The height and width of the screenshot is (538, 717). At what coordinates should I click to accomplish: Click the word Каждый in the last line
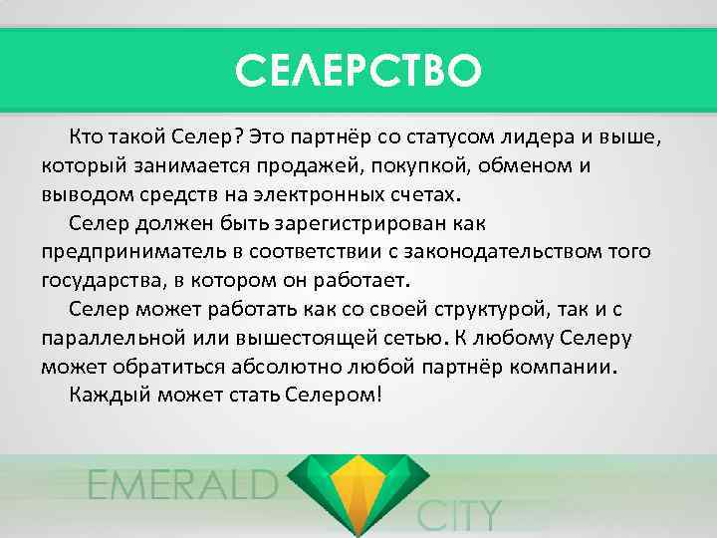point(108,395)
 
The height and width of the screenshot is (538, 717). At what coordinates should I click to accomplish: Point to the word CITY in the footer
point(458,516)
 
